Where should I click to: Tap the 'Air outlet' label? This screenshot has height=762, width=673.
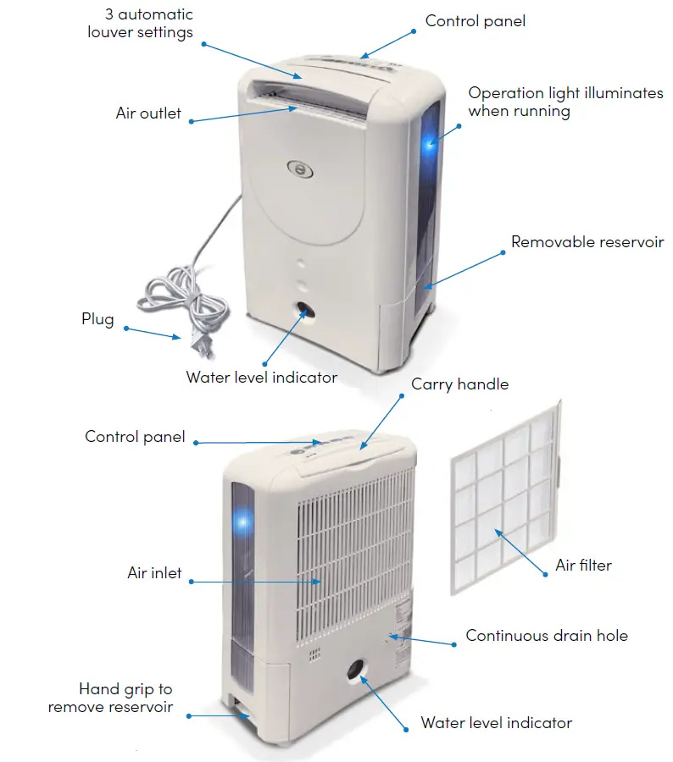coord(148,113)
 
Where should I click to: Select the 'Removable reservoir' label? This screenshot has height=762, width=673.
coord(587,242)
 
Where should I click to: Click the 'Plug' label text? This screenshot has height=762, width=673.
coord(97,319)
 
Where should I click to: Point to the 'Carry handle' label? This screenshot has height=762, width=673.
coord(459,384)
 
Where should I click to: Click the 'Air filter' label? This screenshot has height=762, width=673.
coord(583,565)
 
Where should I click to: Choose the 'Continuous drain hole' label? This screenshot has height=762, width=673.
coord(547,635)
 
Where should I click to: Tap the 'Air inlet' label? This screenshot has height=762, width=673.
coord(154,573)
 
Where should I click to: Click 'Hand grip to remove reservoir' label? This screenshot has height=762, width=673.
coord(110,698)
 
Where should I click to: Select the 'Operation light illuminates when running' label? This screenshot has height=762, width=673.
coord(565,102)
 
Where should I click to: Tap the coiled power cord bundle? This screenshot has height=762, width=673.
coord(182,296)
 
